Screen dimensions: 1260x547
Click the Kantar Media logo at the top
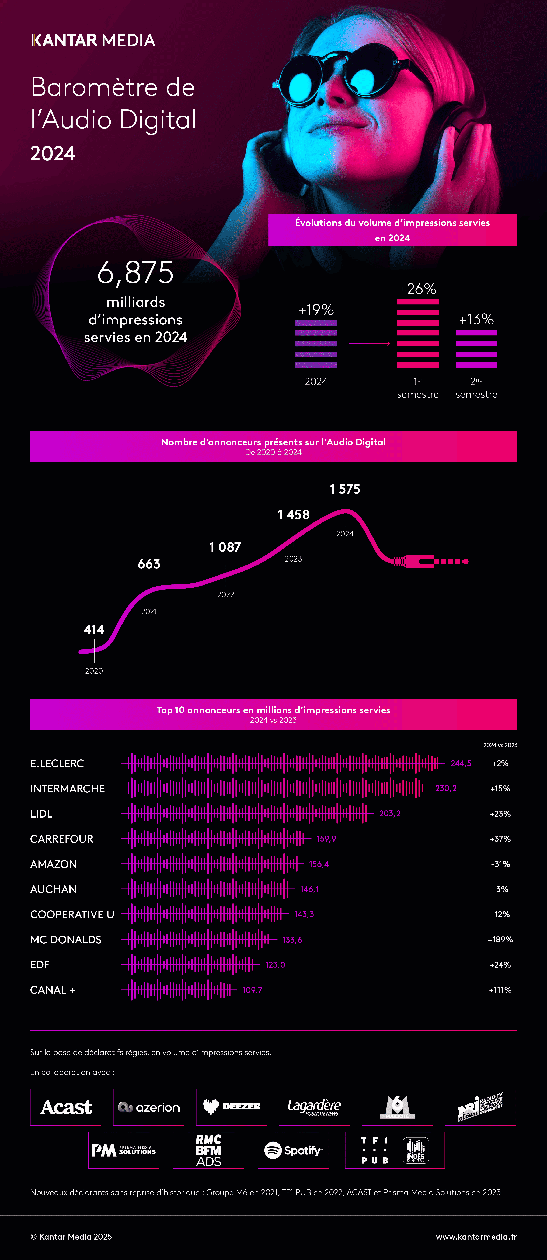click(93, 40)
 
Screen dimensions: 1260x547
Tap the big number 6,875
click(135, 272)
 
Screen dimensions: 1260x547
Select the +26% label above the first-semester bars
click(417, 289)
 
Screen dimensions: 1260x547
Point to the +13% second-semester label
click(476, 319)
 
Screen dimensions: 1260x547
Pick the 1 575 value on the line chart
click(345, 489)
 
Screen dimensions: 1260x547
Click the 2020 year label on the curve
click(94, 671)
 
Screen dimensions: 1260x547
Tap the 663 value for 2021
click(149, 564)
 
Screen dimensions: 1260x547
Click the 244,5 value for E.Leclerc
click(461, 764)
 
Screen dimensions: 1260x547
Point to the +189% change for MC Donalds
click(500, 940)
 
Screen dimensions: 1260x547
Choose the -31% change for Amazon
click(500, 864)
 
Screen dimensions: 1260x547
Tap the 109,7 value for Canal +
click(252, 990)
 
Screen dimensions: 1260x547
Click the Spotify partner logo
click(293, 1150)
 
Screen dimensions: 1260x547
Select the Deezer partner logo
click(232, 1107)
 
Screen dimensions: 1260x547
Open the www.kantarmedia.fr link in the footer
click(476, 1237)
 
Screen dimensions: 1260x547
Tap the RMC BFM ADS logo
click(209, 1150)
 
